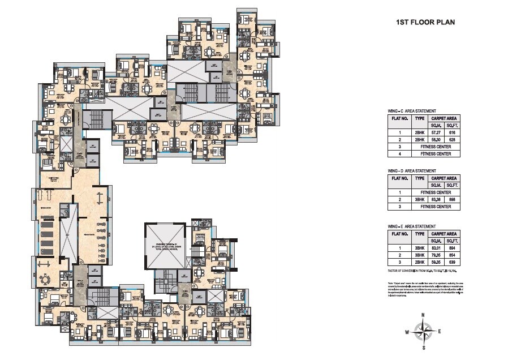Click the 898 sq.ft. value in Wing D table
coord(451,199)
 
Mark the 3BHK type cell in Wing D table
coord(419,199)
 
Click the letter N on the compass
coord(423,314)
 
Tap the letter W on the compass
coord(407,332)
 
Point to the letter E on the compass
coord(439,332)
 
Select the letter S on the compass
coord(423,348)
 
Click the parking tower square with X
coord(165,247)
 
